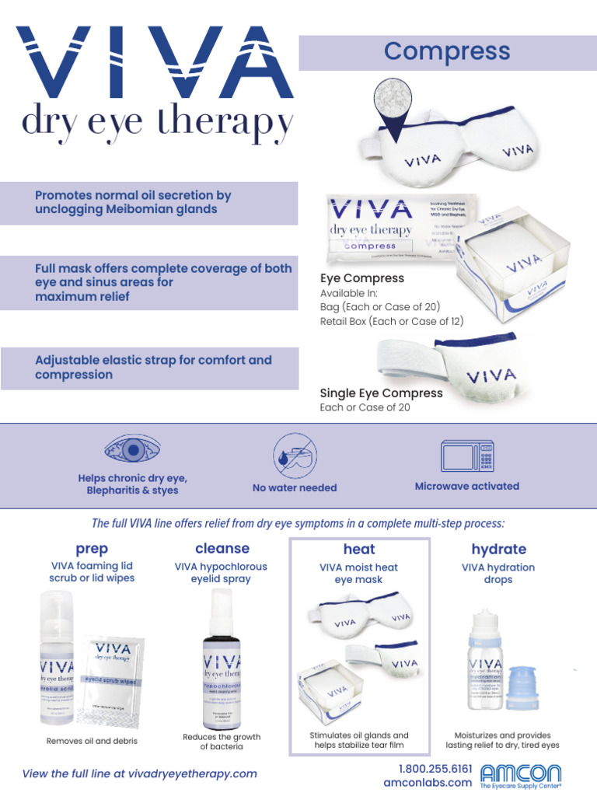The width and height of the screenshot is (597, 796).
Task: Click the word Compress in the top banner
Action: point(447,52)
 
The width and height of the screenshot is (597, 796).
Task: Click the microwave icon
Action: point(466,456)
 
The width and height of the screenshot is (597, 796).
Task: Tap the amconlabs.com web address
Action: point(428,782)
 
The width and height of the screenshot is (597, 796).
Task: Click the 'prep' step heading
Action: point(92,549)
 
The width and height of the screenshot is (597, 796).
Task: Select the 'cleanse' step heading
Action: point(222,548)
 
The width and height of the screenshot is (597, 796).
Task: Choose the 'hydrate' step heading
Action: point(498,549)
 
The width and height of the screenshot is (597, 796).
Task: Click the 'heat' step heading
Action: point(358,550)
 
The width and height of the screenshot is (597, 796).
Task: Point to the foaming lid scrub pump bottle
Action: point(57,661)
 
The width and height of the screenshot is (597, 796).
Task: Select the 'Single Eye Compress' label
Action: point(381,393)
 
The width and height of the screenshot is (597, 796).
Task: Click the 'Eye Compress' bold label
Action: point(362,278)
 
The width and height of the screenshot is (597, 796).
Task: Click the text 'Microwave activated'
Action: point(466,486)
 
